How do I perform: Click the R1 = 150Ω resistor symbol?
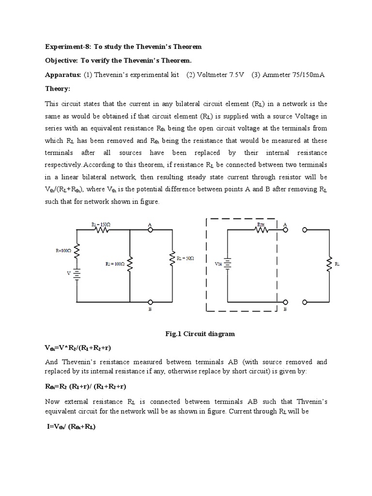[x=102, y=230]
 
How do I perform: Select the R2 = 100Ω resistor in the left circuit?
[x=130, y=264]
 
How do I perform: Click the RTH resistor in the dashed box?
[x=261, y=230]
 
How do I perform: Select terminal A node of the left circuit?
[x=151, y=230]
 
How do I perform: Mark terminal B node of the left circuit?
[x=151, y=301]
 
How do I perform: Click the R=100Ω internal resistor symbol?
[x=77, y=251]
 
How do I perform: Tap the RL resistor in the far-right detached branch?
[x=331, y=264]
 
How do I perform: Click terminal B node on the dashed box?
[x=285, y=301]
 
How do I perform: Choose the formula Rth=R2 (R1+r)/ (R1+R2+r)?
[x=85, y=387]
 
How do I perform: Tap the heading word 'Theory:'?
[x=58, y=89]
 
